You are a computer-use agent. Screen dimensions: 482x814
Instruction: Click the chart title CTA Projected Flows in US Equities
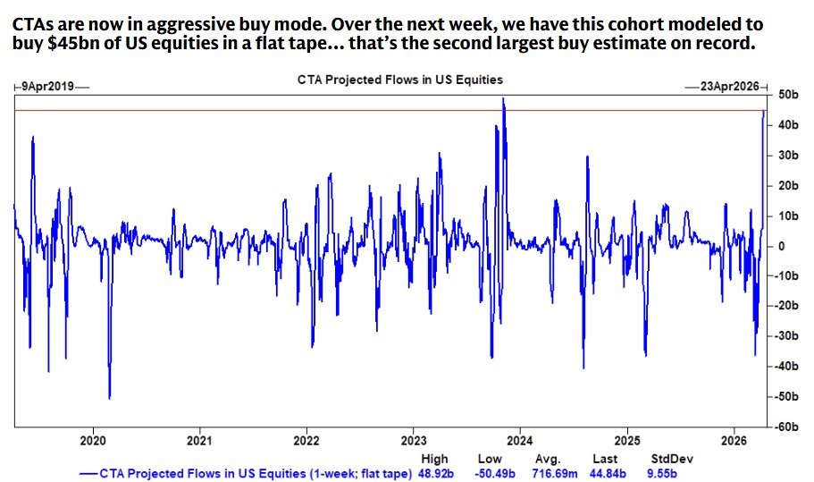pos(399,80)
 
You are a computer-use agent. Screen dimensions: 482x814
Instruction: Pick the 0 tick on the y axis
pos(780,246)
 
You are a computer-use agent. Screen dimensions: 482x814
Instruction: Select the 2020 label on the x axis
pos(93,440)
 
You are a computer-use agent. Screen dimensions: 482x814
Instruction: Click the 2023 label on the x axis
pos(413,440)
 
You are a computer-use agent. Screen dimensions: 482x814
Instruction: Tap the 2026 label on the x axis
pos(733,440)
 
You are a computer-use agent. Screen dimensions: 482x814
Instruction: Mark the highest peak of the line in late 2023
pos(503,99)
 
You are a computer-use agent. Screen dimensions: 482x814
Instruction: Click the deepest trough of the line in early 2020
pos(109,397)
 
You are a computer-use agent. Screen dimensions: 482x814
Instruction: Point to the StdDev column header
pos(672,459)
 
